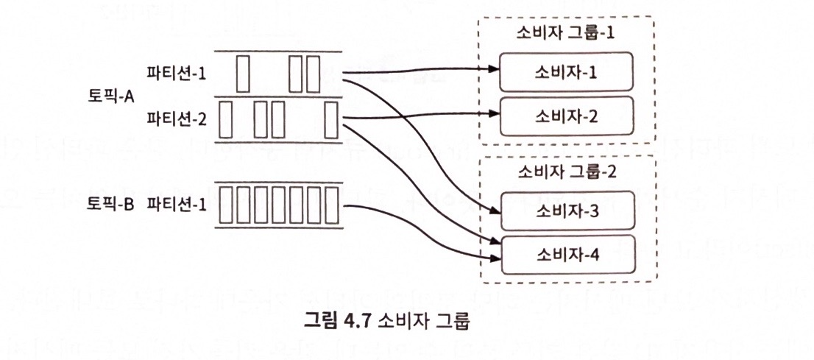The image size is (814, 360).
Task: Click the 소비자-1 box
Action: (x=566, y=71)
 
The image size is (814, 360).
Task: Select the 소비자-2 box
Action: (x=566, y=115)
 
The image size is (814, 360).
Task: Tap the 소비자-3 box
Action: (x=566, y=211)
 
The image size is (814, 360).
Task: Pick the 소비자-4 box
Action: (x=566, y=255)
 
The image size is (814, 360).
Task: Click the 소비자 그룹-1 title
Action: (x=566, y=34)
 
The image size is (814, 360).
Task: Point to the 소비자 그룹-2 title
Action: (x=566, y=174)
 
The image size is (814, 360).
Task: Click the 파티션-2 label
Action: (x=176, y=118)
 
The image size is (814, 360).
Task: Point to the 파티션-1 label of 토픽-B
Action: (x=176, y=204)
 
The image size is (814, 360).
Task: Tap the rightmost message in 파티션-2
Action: (x=331, y=119)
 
